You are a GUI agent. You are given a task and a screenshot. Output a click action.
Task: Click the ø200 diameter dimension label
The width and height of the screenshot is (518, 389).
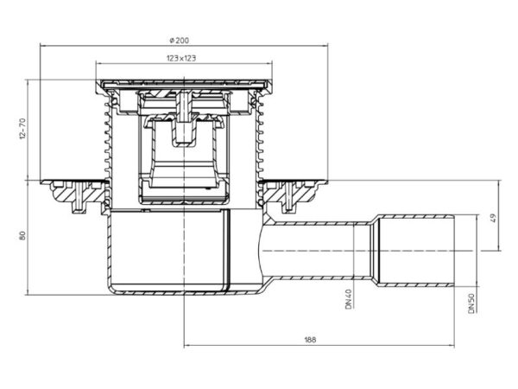[x=180, y=41]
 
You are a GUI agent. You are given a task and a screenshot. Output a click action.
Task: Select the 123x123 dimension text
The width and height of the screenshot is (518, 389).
[x=181, y=58]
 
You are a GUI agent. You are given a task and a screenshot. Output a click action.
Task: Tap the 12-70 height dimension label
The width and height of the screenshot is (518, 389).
[x=22, y=128]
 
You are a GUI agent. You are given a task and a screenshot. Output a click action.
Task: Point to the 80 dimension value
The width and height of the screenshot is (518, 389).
[x=22, y=235]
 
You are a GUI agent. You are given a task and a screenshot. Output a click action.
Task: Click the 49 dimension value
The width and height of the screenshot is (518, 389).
[x=493, y=218]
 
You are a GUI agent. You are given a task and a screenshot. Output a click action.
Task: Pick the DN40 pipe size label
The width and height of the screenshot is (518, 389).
[x=349, y=299]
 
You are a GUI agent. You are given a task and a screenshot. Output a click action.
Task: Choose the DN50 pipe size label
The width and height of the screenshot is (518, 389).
[x=471, y=303]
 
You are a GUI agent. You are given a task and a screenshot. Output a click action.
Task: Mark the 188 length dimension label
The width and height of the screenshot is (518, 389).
[x=310, y=340]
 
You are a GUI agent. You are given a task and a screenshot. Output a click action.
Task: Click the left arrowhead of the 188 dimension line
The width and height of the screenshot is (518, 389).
[x=186, y=346]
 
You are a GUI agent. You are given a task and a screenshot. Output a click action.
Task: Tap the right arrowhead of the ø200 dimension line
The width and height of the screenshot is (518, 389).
[x=325, y=47]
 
